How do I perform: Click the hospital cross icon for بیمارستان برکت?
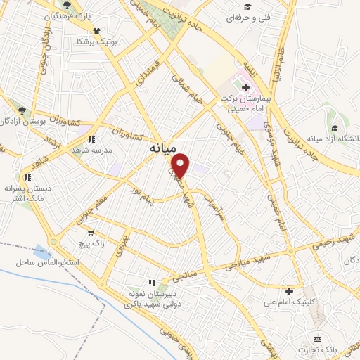(245, 87)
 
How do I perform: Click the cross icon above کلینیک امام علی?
(289, 291)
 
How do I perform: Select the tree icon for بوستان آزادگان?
(23, 110)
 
